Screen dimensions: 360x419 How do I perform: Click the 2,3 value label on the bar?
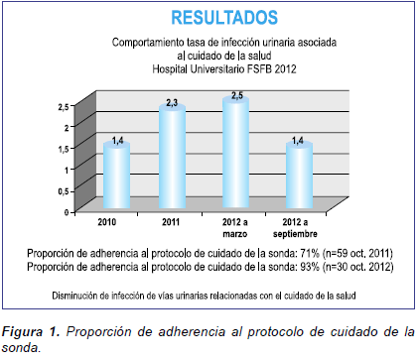[x=172, y=103]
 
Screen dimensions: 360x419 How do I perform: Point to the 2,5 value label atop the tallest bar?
[x=234, y=94]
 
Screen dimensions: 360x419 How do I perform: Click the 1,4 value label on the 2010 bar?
[x=116, y=142]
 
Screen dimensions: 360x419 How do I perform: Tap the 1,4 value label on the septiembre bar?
[x=298, y=142]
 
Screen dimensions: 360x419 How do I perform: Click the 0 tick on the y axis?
[x=68, y=211]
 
